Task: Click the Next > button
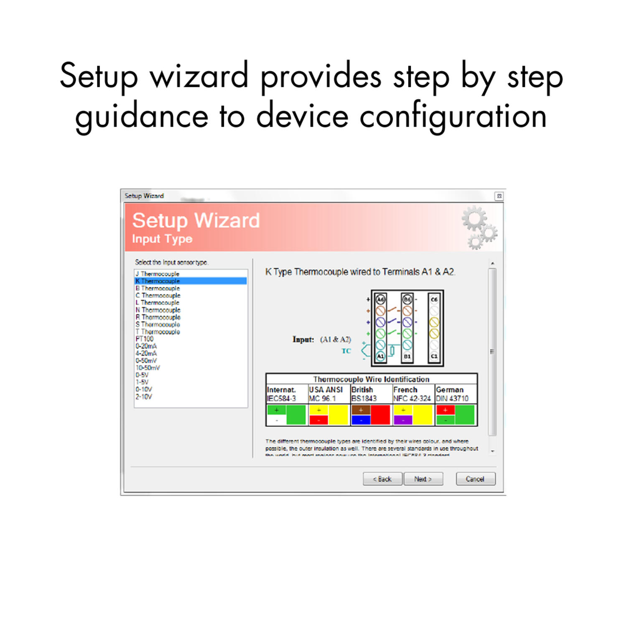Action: (x=423, y=479)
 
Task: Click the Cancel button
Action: (x=475, y=479)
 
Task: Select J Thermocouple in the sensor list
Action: (x=158, y=274)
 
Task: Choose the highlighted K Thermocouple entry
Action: (x=158, y=281)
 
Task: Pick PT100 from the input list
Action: (x=145, y=339)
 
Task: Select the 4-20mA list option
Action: (x=146, y=353)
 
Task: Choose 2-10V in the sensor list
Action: (x=144, y=396)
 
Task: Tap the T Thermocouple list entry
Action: (x=158, y=331)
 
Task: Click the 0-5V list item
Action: (x=142, y=375)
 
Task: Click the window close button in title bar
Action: (x=499, y=196)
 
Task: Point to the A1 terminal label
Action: (x=380, y=356)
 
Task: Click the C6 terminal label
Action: (x=434, y=299)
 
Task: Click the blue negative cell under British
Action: (x=361, y=420)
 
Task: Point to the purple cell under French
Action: (x=403, y=420)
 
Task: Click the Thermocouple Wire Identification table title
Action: (x=371, y=379)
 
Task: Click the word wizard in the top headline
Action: (x=199, y=76)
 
